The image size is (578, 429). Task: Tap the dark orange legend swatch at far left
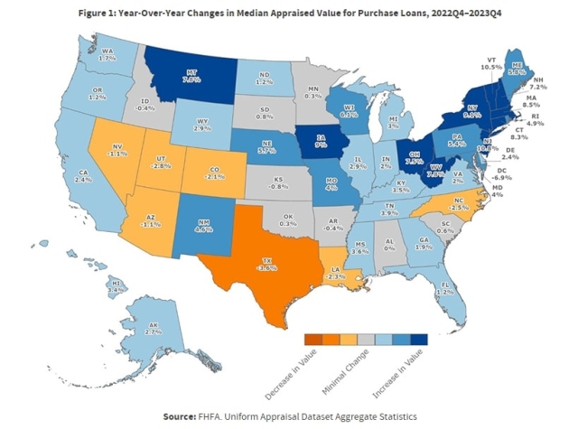312,339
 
